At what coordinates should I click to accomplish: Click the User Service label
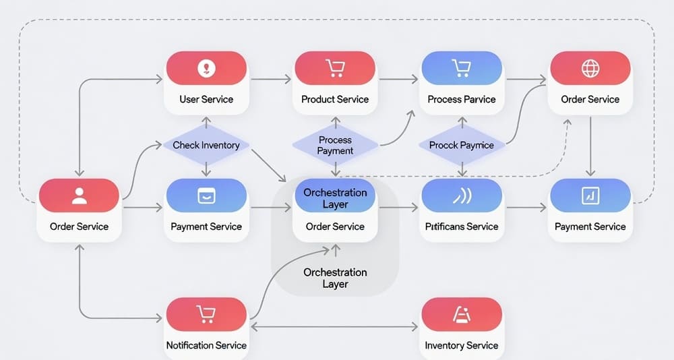(x=206, y=99)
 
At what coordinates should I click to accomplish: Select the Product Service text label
(x=335, y=99)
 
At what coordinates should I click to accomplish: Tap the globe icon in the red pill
(x=590, y=68)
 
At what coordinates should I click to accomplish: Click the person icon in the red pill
(x=80, y=196)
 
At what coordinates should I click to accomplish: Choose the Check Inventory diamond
(x=206, y=145)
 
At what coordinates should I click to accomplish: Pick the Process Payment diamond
(x=335, y=145)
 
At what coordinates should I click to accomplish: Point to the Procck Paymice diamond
(x=462, y=145)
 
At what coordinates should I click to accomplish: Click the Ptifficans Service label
(x=462, y=227)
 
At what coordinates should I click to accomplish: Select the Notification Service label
(x=206, y=345)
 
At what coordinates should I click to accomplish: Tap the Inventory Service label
(x=462, y=345)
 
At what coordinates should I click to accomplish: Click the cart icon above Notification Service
(x=206, y=314)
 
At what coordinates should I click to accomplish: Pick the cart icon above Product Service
(x=335, y=68)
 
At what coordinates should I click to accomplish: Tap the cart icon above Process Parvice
(x=462, y=68)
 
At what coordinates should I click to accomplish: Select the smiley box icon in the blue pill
(x=206, y=196)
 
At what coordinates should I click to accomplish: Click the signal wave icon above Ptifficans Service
(x=462, y=196)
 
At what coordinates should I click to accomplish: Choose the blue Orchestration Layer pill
(x=335, y=198)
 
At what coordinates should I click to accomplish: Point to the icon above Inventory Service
(x=462, y=314)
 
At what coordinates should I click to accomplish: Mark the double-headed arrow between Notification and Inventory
(x=335, y=328)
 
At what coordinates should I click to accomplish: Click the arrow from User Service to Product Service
(x=272, y=79)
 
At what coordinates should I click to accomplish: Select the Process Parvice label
(x=462, y=99)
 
